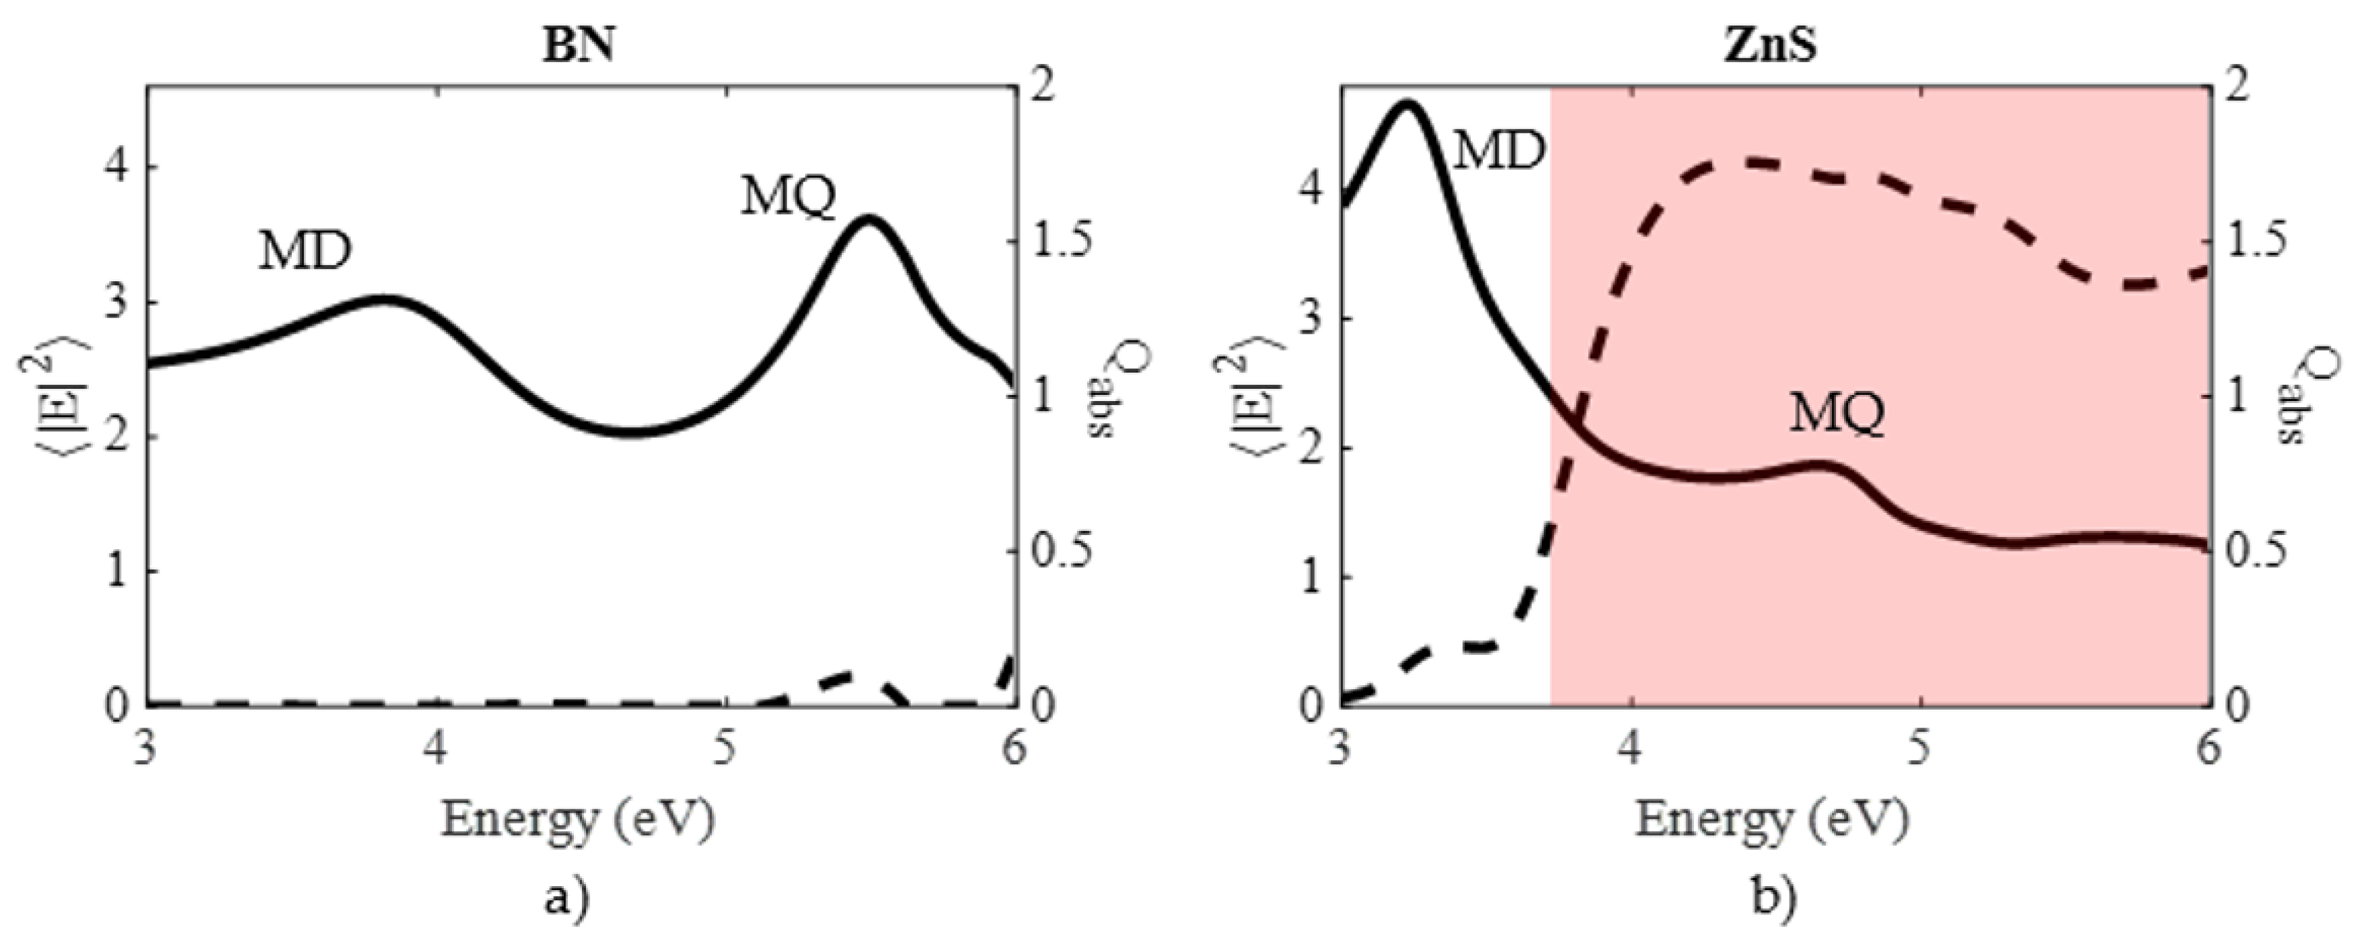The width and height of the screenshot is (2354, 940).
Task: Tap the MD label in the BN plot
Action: point(304,252)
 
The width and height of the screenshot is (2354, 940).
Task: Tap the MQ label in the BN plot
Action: point(788,196)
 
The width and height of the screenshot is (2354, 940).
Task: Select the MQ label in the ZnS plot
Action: point(1837,414)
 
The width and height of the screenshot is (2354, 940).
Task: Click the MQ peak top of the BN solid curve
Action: point(868,217)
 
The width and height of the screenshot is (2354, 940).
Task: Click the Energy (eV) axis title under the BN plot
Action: point(579,820)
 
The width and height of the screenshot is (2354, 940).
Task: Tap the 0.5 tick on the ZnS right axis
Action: point(2256,552)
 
